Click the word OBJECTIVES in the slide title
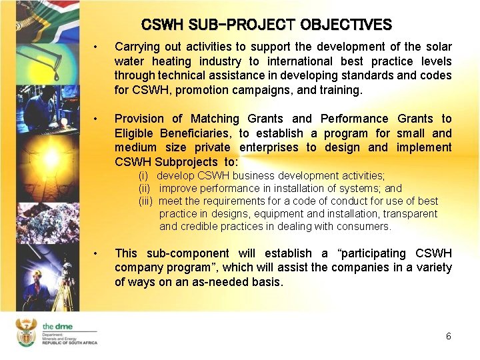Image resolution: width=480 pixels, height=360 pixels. (346, 25)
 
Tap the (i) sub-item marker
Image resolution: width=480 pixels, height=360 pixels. (143, 176)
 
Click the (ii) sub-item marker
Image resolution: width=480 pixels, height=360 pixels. (145, 189)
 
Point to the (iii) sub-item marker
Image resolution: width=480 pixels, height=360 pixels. (146, 201)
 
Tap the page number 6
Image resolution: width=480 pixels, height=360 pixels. (449, 337)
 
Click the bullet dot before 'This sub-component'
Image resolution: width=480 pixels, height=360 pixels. (97, 253)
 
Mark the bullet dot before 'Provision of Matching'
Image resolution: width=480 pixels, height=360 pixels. (97, 119)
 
